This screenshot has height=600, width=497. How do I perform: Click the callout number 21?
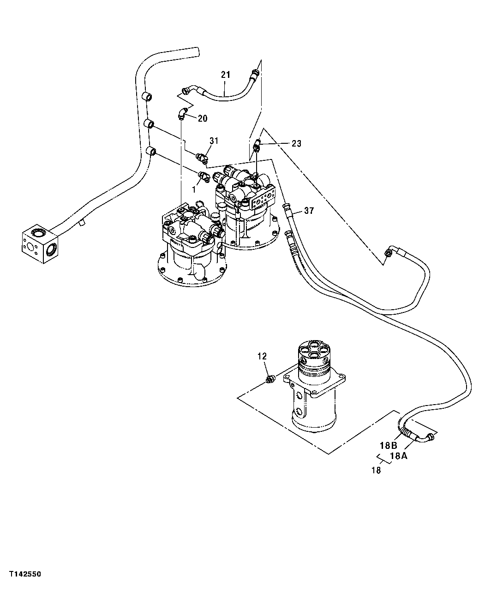pyautogui.click(x=225, y=75)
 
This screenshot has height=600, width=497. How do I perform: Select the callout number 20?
pyautogui.click(x=203, y=118)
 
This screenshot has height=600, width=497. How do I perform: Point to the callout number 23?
pyautogui.click(x=296, y=144)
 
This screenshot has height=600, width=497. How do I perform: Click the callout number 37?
pyautogui.click(x=309, y=211)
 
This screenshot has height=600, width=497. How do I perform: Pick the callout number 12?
pyautogui.click(x=262, y=356)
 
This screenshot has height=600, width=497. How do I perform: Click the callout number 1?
pyautogui.click(x=194, y=188)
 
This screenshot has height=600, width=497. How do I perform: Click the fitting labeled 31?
pyautogui.click(x=201, y=158)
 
